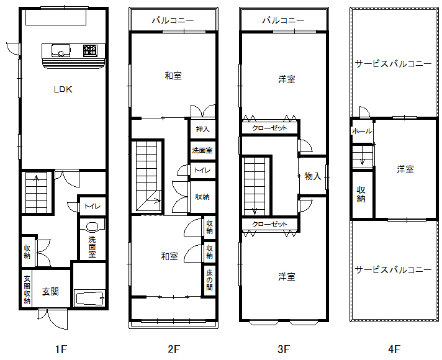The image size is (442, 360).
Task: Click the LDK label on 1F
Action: click(63, 89)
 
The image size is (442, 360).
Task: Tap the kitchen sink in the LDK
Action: click(61, 51)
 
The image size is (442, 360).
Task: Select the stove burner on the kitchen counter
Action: click(90, 50)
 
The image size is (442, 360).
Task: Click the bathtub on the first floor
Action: click(89, 298)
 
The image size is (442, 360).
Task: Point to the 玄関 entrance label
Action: click(50, 292)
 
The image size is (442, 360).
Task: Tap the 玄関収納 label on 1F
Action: click(27, 289)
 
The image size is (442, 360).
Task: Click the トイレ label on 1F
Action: click(92, 206)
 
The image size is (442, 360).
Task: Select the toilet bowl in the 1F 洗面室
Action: click(92, 227)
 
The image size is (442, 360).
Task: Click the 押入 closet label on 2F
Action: click(202, 129)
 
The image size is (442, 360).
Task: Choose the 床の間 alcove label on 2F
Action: click(209, 280)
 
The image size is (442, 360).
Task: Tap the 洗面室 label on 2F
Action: click(202, 150)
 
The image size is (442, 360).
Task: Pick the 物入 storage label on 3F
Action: click(313, 176)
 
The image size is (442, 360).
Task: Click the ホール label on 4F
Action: click(362, 131)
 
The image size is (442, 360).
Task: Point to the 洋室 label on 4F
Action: click(405, 169)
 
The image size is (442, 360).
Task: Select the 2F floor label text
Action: click(174, 349)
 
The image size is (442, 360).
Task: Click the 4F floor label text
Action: click(394, 349)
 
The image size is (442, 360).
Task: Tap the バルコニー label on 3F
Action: click(283, 20)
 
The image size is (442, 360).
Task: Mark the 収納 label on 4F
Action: click(361, 194)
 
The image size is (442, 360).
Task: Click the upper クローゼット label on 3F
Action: click(269, 128)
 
